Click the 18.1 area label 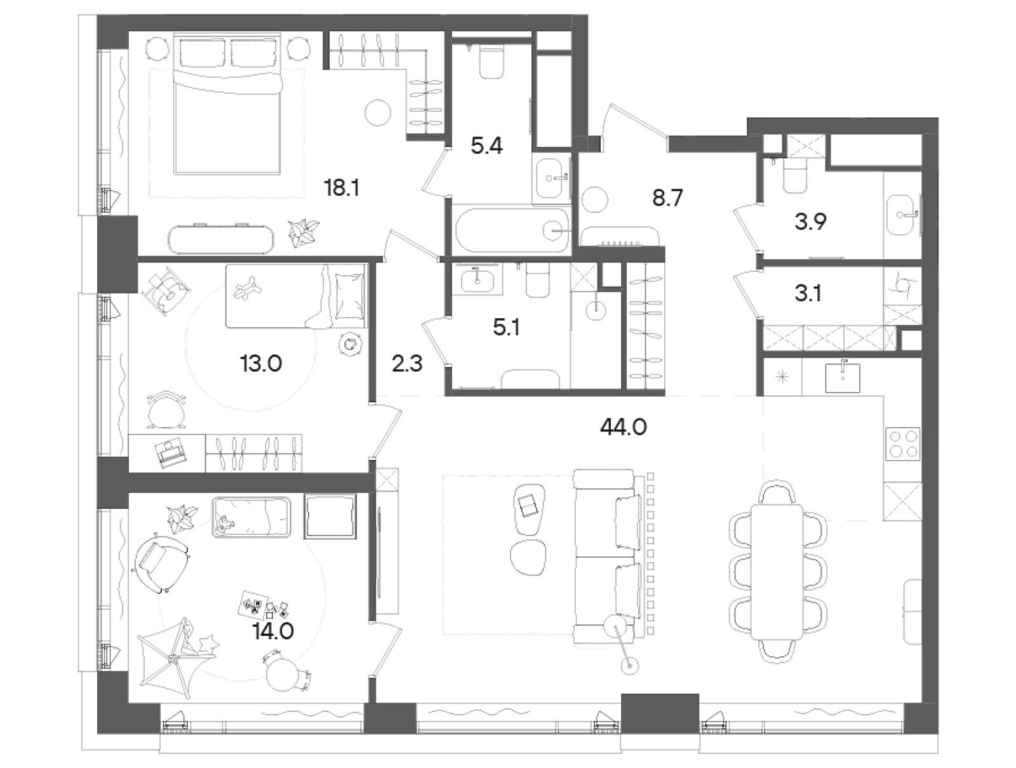[342, 189]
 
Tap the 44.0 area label [623, 428]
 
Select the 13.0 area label [260, 365]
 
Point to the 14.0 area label [273, 631]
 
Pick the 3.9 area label [810, 222]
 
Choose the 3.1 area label [808, 293]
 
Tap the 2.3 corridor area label [407, 365]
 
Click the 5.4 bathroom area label [486, 146]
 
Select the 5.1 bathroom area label [506, 328]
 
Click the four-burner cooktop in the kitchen [902, 444]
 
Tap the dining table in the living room [777, 572]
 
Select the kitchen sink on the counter [843, 377]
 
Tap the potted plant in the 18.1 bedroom [303, 231]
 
